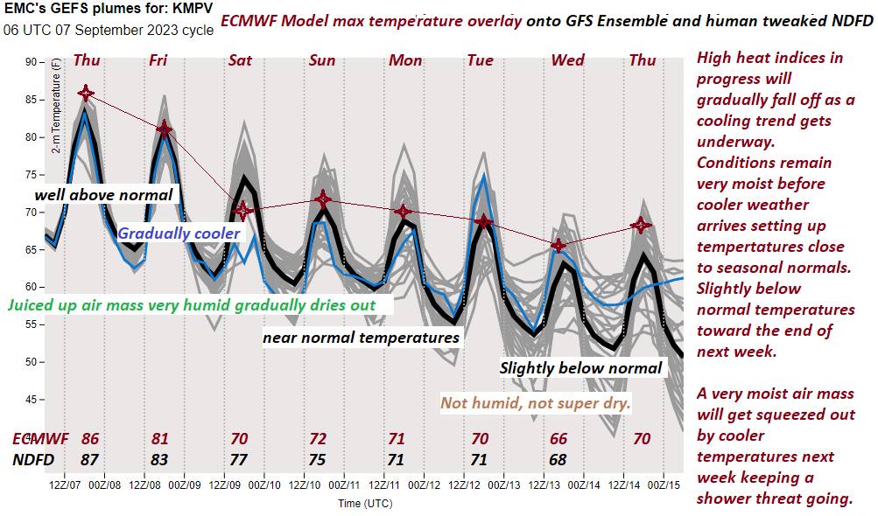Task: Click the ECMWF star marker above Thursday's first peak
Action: tap(86, 93)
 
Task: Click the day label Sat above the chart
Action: tap(240, 60)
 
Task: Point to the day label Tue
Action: tap(481, 60)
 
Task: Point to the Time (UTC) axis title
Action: tap(365, 503)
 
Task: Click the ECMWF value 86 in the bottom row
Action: tap(89, 439)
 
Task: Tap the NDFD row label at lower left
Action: tap(33, 459)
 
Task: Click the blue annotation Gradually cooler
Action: tap(179, 234)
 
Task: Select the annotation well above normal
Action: tap(103, 194)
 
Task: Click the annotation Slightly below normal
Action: tap(580, 368)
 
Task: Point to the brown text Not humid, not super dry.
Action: tap(536, 403)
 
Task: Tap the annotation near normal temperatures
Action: tap(361, 336)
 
